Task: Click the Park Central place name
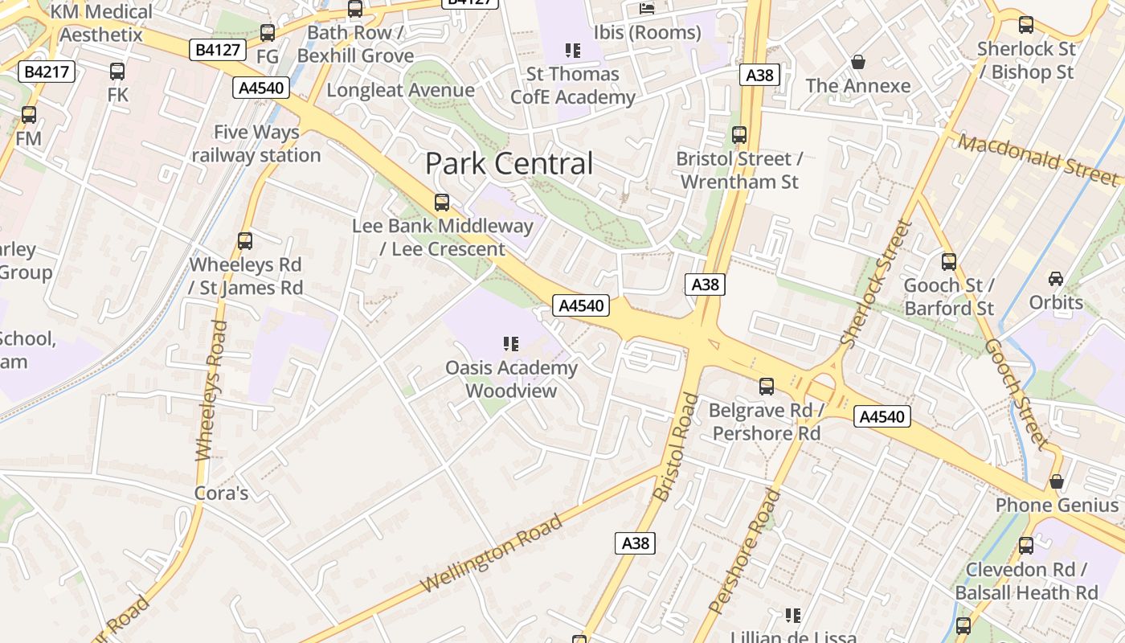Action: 509,164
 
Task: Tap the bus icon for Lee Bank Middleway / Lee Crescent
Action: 441,203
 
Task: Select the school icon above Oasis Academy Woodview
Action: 511,344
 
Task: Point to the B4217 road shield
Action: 47,72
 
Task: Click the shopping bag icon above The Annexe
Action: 858,62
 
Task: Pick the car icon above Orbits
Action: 1056,279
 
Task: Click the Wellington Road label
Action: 491,554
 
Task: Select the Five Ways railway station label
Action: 256,144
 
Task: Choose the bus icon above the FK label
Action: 117,71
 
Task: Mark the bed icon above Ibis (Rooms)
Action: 647,9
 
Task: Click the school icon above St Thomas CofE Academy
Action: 573,51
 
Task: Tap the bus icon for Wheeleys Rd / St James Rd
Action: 245,240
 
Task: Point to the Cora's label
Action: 222,493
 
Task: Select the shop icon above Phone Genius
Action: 1057,481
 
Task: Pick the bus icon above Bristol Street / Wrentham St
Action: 739,135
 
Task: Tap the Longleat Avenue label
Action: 400,90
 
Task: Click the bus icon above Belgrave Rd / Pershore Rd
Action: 767,387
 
